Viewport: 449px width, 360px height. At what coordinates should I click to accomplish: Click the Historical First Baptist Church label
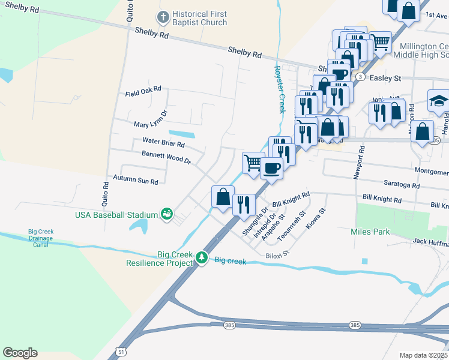199,18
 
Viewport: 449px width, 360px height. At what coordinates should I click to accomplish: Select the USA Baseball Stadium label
116,215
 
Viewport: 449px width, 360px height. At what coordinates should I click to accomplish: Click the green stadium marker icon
166,214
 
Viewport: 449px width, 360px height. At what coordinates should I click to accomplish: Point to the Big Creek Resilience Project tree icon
202,259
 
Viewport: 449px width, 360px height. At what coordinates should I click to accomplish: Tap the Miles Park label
370,232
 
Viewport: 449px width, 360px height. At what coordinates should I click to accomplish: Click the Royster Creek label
278,89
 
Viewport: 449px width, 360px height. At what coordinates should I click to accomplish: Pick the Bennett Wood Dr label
166,157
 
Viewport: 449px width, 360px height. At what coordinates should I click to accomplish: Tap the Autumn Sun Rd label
136,180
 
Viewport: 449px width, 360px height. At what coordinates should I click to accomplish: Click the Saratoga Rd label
399,185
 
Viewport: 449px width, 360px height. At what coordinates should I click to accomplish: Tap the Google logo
20,352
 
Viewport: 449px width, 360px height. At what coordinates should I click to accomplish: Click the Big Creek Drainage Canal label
41,238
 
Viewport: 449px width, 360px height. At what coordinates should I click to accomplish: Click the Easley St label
385,78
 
